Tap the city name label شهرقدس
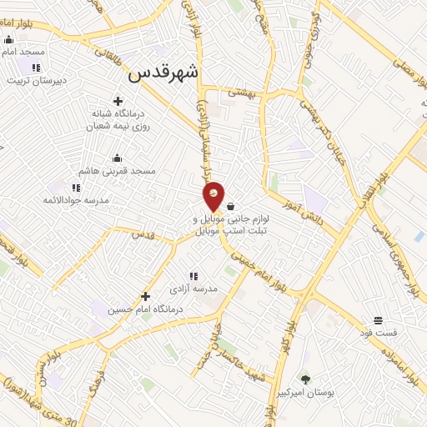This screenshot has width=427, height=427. coord(164,73)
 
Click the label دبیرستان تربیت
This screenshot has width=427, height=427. coord(36,81)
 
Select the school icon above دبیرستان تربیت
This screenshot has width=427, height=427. coord(35,68)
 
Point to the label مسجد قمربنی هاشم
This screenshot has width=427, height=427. coord(118,171)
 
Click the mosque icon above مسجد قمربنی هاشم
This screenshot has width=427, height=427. coord(117,158)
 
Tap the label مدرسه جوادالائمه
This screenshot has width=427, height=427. coord(74,201)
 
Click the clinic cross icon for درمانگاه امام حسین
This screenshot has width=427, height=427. coord(145,296)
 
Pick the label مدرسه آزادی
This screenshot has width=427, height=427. coord(193,289)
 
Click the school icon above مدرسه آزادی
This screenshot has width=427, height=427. coord(193,275)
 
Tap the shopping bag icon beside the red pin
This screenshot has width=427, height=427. coord(230,206)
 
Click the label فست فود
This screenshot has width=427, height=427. coord(379,333)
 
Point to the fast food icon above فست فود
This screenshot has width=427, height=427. coord(378,319)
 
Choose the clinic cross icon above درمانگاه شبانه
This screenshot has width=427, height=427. coord(118,101)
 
